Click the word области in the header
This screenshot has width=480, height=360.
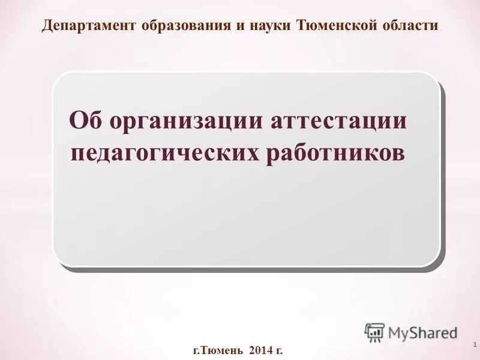pyautogui.click(x=410, y=26)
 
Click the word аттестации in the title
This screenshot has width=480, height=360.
pyautogui.click(x=339, y=121)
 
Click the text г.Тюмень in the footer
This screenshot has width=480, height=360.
pyautogui.click(x=217, y=349)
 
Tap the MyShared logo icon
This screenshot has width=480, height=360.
pyautogui.click(x=374, y=332)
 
